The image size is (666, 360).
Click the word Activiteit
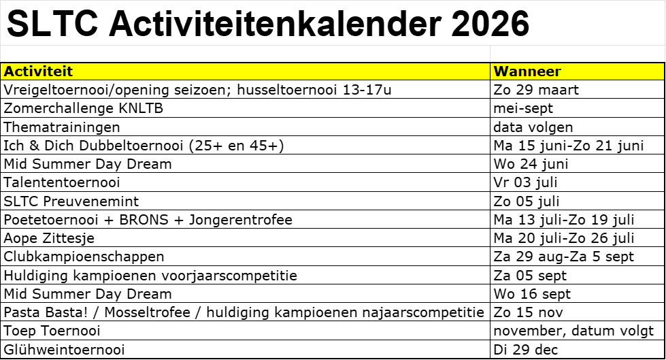[x=38, y=71]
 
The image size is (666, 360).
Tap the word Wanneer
[x=527, y=71]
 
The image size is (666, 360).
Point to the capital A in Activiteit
[x=9, y=71]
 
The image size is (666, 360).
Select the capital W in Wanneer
[x=501, y=71]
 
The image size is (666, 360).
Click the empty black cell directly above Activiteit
[x=245, y=54]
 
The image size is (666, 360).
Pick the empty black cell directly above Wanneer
[x=577, y=54]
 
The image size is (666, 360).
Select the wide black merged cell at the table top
[x=333, y=22]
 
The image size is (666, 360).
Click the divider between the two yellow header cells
[x=490, y=71]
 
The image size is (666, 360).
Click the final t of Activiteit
[x=69, y=71]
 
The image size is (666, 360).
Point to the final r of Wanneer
[x=558, y=71]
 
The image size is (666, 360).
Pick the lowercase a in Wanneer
[x=514, y=71]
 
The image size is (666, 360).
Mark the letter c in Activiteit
[x=18, y=71]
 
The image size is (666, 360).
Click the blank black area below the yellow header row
[x=333, y=218]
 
